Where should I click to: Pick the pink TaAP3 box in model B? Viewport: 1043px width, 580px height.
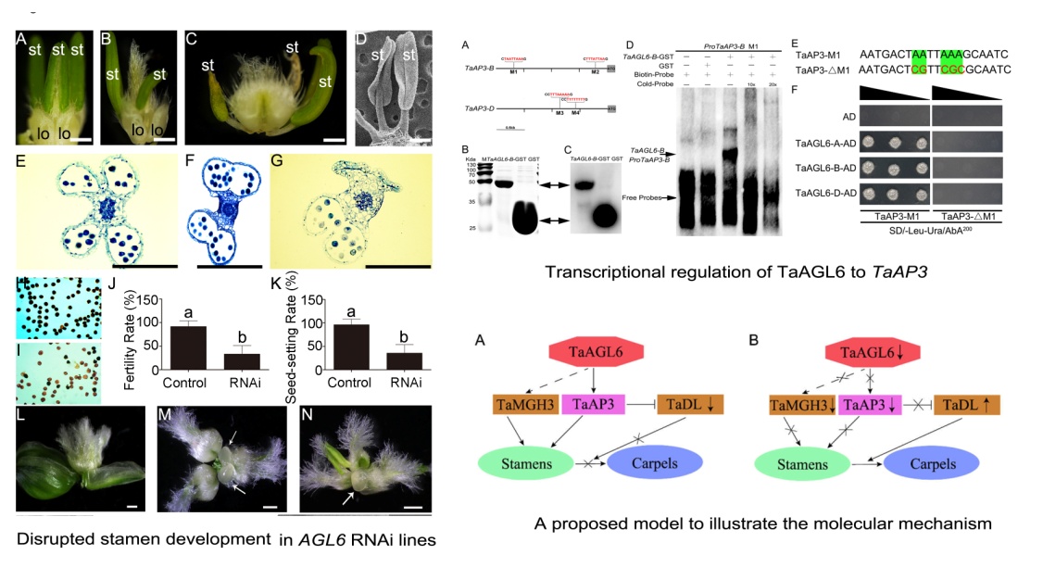pyautogui.click(x=850, y=405)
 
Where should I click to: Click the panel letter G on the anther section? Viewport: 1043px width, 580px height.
pyautogui.click(x=277, y=164)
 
